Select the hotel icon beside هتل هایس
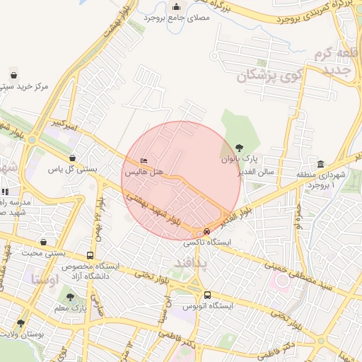[x=145, y=161]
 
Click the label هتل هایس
[x=144, y=172]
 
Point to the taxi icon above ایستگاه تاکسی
[x=206, y=231]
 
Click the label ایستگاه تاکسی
[x=206, y=242]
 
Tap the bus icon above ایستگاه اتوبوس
[x=207, y=296]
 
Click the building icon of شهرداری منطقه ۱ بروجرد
[x=321, y=164]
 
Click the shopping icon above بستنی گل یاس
[x=72, y=158]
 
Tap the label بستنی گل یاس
[x=72, y=170]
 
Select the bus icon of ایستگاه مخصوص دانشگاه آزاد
[x=90, y=255]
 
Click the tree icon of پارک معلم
[x=69, y=298]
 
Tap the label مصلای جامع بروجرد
[x=175, y=16]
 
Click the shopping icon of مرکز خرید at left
[x=13, y=75]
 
